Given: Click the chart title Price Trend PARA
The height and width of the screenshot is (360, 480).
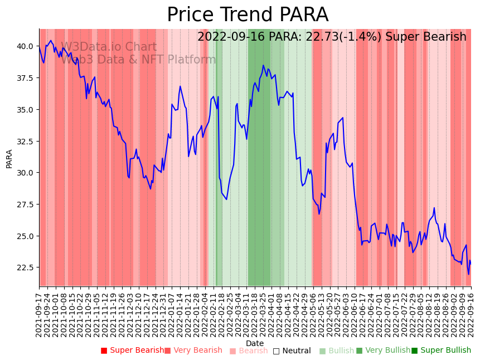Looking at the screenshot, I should tap(248, 15).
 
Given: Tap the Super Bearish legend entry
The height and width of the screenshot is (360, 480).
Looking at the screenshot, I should tap(132, 351).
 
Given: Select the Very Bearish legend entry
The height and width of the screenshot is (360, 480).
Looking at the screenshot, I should tap(193, 351).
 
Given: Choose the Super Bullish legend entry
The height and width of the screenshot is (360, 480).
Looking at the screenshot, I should tap(441, 351).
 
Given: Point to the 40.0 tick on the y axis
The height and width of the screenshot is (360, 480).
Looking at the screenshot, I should tap(25, 46).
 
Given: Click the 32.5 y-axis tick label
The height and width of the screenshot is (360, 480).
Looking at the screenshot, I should tap(25, 142).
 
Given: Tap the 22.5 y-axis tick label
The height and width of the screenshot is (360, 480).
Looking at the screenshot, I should tap(25, 268).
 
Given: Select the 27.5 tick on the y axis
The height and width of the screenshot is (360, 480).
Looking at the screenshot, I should tap(25, 205).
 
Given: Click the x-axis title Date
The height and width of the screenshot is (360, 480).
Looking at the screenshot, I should tap(255, 344).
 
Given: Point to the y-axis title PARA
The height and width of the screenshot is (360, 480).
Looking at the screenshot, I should tap(9, 158).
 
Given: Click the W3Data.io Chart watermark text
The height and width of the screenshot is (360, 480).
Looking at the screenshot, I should tap(109, 47).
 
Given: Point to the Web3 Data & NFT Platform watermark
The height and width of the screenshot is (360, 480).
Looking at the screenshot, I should tap(138, 60).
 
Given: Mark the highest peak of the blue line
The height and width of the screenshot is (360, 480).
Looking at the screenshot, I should tap(264, 65).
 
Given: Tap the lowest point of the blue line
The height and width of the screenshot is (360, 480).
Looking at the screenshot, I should tap(468, 274).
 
